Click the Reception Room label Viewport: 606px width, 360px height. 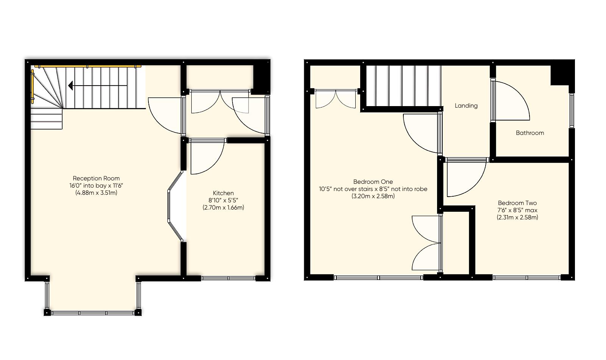pos(96,178)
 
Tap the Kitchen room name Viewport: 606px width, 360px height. pos(223,193)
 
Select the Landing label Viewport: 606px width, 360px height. pos(466,106)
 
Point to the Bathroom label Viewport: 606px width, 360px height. pos(529,133)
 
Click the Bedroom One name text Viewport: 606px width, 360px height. pos(373,182)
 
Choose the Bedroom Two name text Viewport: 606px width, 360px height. pos(517,203)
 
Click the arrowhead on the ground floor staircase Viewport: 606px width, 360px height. pos(70,86)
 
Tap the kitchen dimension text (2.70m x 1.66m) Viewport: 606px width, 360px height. pos(223,207)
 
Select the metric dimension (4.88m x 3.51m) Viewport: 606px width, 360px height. pos(96,193)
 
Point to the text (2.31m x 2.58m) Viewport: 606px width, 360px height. pos(517,217)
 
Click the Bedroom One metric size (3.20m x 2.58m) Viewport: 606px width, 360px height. pos(373,196)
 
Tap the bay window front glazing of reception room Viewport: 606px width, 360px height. pos(93,313)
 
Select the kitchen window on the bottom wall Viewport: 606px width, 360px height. pos(228,278)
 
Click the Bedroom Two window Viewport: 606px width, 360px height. pos(527,278)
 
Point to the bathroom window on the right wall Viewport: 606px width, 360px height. pos(572,110)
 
